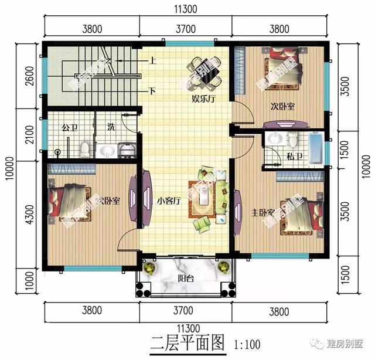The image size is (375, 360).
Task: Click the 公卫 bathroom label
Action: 71,127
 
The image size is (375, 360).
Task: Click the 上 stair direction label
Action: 152,60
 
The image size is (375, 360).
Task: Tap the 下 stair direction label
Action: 152,91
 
